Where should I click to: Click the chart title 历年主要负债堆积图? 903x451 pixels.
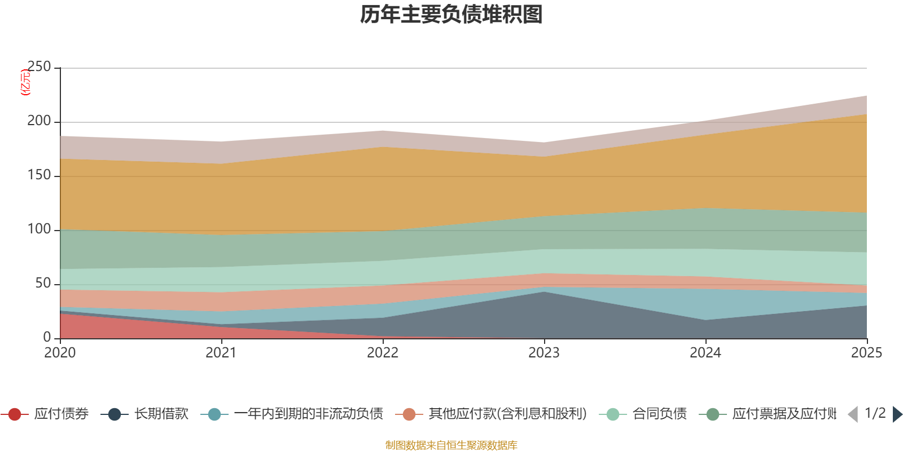tap(451, 15)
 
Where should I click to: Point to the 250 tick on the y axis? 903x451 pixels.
tap(39, 67)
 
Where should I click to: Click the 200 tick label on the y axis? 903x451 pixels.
tap(39, 121)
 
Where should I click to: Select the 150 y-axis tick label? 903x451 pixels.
tap(39, 175)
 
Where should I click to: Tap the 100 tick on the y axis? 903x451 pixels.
tap(39, 229)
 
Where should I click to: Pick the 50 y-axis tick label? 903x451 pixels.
tap(43, 283)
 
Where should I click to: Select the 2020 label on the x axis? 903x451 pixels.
tap(60, 353)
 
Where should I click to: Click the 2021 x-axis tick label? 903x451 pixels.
tap(221, 353)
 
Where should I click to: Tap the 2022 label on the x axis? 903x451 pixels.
tap(383, 353)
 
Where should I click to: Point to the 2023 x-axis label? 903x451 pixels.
tap(544, 353)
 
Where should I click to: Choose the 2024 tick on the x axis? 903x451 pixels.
tap(705, 353)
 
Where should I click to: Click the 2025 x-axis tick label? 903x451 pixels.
tap(866, 353)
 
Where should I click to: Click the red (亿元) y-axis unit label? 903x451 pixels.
tap(25, 82)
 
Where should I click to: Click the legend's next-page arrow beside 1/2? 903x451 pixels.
tap(897, 414)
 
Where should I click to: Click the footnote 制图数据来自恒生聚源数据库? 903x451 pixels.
tap(451, 445)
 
